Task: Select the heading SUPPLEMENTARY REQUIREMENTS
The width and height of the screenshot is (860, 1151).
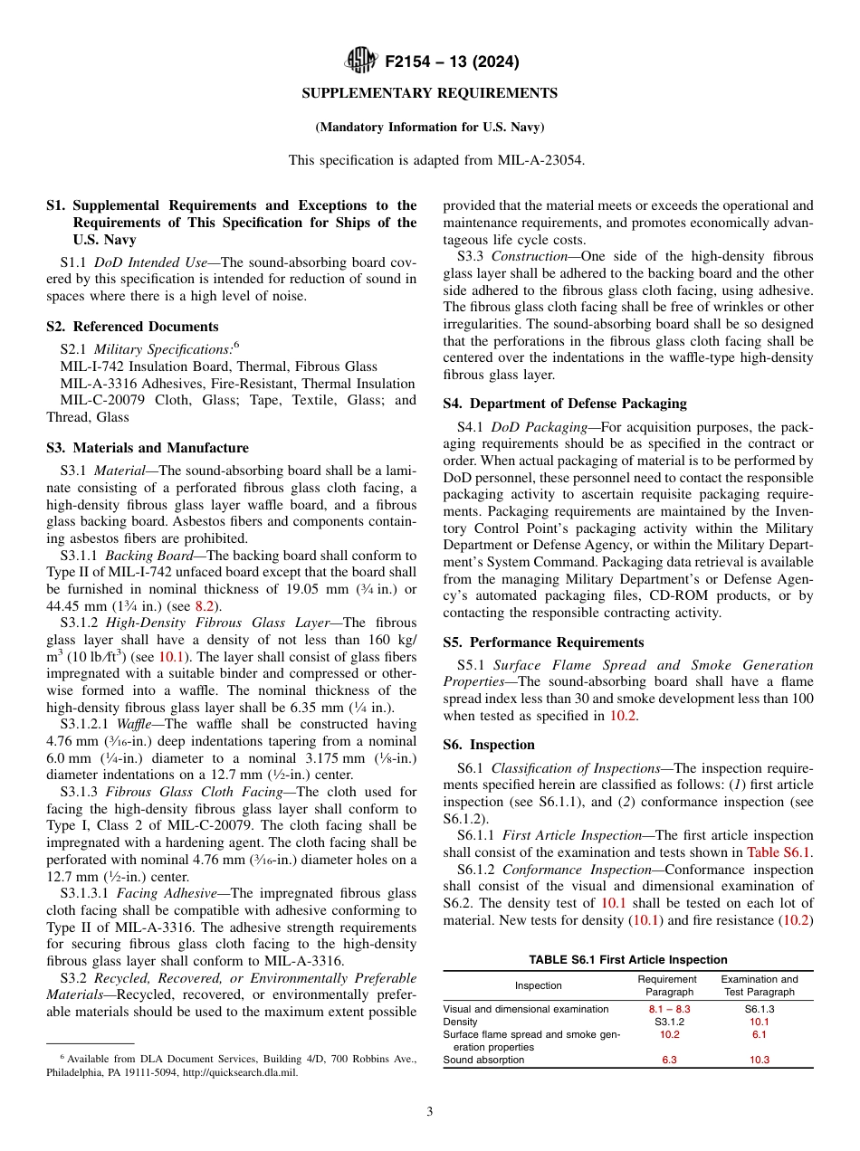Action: [x=429, y=93]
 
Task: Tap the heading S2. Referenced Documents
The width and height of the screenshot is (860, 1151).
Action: [x=132, y=327]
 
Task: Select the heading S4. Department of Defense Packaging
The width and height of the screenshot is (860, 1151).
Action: [x=564, y=403]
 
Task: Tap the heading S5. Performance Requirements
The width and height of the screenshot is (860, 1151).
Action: [x=543, y=642]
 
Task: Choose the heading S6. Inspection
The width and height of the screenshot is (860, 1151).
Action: [x=489, y=745]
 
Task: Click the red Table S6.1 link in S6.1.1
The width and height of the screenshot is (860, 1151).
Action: [x=779, y=851]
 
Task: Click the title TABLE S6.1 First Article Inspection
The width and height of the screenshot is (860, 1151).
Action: [x=627, y=960]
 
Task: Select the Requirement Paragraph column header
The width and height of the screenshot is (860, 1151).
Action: [x=667, y=985]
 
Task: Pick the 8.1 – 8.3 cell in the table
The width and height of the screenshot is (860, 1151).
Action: [x=669, y=1008]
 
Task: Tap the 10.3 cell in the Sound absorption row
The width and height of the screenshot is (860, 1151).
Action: [x=759, y=1060]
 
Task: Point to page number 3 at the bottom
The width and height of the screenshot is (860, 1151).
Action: [x=430, y=1112]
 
